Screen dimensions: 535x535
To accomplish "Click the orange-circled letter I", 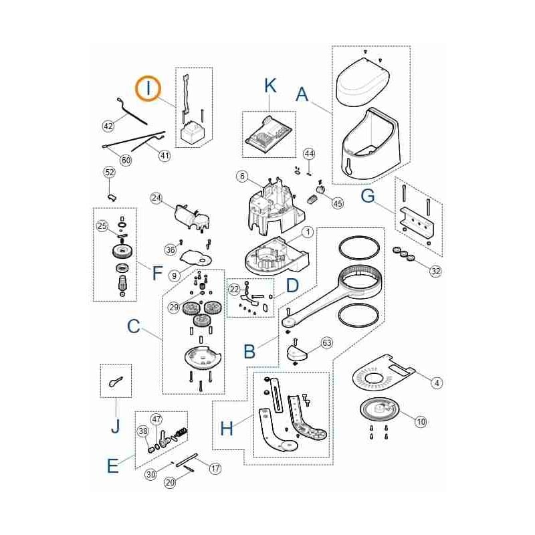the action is point(148,88).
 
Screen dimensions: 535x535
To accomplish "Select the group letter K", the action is point(270,86).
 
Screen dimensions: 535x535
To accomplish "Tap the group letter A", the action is point(302,94).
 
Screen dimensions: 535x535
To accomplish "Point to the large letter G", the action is point(368,196).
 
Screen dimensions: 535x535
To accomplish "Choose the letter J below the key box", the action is point(116,425).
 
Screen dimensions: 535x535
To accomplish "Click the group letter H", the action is point(227,428).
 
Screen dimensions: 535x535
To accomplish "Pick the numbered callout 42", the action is point(108,126).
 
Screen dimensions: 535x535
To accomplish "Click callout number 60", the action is point(126,160).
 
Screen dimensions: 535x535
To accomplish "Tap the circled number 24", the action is point(156,198).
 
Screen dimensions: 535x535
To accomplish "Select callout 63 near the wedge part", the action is point(327,342).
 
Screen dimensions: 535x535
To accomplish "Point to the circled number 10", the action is point(421,422).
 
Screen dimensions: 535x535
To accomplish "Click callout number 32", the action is point(435,272).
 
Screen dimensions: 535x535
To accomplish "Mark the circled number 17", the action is point(215,468).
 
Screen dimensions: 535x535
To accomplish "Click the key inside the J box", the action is point(116,381).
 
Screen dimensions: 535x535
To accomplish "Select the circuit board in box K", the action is point(269,132).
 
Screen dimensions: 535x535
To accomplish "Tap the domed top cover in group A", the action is point(363,81).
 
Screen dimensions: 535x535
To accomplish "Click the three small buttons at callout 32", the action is point(403,253).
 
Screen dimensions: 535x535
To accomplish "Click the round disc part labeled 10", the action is point(379,409).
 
